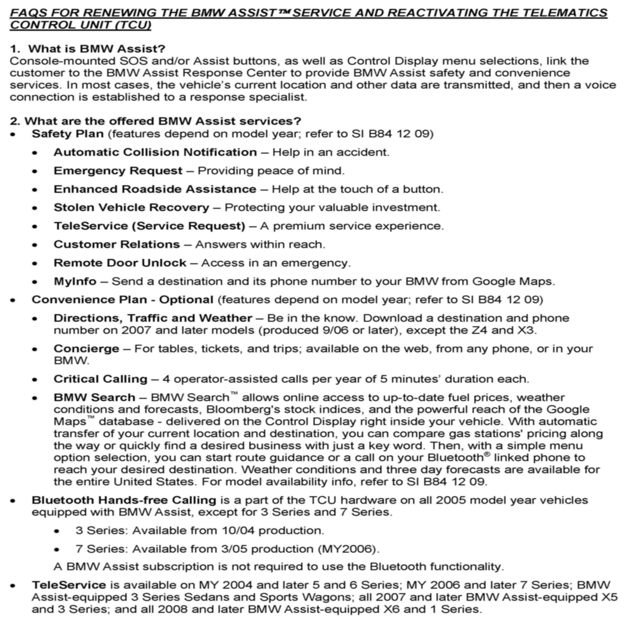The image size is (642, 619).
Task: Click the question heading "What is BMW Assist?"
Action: coord(96,49)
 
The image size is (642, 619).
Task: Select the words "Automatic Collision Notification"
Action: coord(155,152)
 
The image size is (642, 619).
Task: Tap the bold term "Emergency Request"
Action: coord(118,170)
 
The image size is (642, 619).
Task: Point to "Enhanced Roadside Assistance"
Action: coord(155,189)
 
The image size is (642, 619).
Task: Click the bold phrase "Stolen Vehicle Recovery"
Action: coord(131,208)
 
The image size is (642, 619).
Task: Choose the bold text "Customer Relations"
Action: coord(117,244)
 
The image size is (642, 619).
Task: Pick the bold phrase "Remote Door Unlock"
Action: coord(120,263)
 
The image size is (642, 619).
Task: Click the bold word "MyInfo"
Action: coord(75,281)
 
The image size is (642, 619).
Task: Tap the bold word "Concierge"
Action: coord(86,349)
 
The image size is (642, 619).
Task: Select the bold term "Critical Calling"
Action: coord(100,379)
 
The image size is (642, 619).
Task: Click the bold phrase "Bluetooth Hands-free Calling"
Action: coord(124,500)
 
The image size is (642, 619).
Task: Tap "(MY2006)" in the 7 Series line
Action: coord(348,549)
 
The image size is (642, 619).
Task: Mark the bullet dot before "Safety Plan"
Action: coord(13,134)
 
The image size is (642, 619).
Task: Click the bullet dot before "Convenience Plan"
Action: coord(13,300)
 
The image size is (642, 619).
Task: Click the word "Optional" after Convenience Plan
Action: coord(186,300)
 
